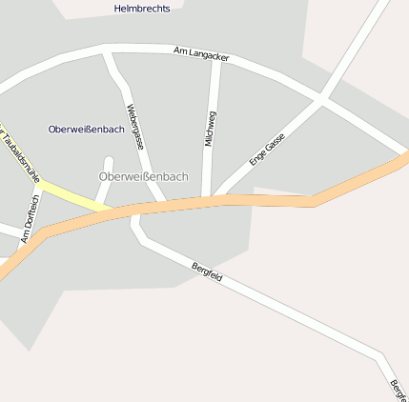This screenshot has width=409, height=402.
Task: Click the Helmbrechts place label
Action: pyautogui.click(x=141, y=8)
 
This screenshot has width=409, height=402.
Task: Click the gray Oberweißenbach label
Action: pyautogui.click(x=143, y=176)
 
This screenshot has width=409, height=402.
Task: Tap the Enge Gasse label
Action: pyautogui.click(x=268, y=150)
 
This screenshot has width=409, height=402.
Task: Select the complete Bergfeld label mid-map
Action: pyautogui.click(x=207, y=271)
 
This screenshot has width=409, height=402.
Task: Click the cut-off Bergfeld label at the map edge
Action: pyautogui.click(x=399, y=389)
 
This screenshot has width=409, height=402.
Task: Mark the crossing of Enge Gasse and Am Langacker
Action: pyautogui.click(x=322, y=99)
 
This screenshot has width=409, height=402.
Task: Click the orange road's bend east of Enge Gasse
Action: pyautogui.click(x=315, y=201)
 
